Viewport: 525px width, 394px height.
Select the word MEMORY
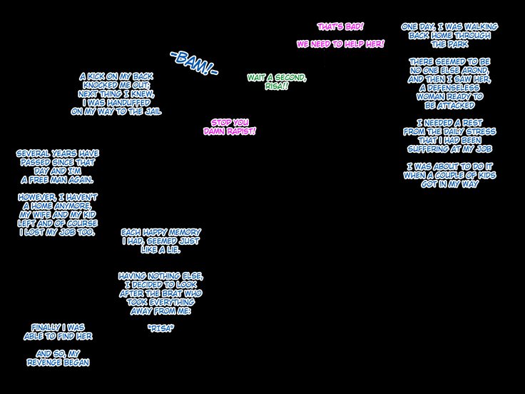[x=176, y=233]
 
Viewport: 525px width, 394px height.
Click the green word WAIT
[x=260, y=77]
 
